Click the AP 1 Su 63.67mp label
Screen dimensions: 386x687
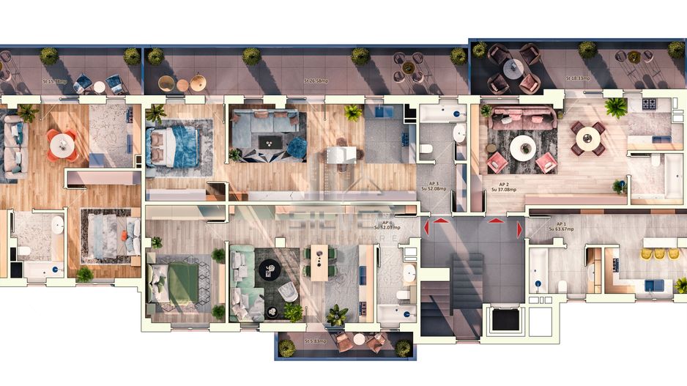(x=561, y=226)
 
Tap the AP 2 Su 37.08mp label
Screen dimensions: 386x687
(x=504, y=187)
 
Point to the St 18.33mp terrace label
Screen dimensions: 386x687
(x=578, y=78)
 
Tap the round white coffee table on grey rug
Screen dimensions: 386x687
(x=523, y=148)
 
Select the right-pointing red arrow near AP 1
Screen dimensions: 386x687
(x=519, y=230)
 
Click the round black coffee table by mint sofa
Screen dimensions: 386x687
(x=267, y=270)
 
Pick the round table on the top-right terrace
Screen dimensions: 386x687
(x=513, y=68)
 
